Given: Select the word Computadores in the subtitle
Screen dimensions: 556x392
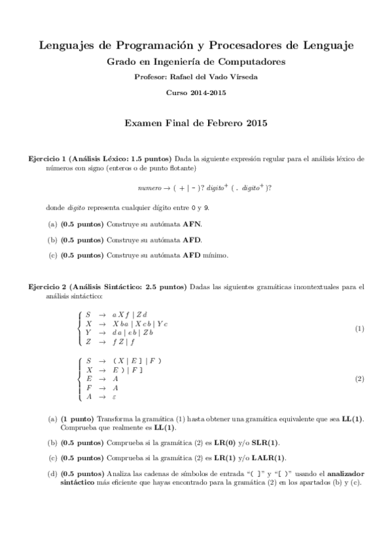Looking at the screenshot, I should (x=254, y=62).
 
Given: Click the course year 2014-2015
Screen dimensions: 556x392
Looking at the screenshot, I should (x=209, y=92).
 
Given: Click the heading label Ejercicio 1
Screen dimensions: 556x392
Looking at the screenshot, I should (x=47, y=159).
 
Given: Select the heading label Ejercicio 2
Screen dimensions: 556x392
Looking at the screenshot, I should (x=47, y=287).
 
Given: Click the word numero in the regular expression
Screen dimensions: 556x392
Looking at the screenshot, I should (x=149, y=187).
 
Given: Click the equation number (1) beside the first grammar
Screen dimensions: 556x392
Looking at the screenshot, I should (x=359, y=328).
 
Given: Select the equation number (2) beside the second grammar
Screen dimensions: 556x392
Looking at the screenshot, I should (x=359, y=379).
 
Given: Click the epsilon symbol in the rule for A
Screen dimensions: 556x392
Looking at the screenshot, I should (x=115, y=397).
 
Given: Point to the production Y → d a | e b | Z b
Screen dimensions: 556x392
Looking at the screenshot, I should (x=121, y=332).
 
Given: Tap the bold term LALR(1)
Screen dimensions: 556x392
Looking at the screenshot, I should (x=268, y=458).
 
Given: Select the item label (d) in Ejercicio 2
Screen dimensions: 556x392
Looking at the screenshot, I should (x=52, y=473).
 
